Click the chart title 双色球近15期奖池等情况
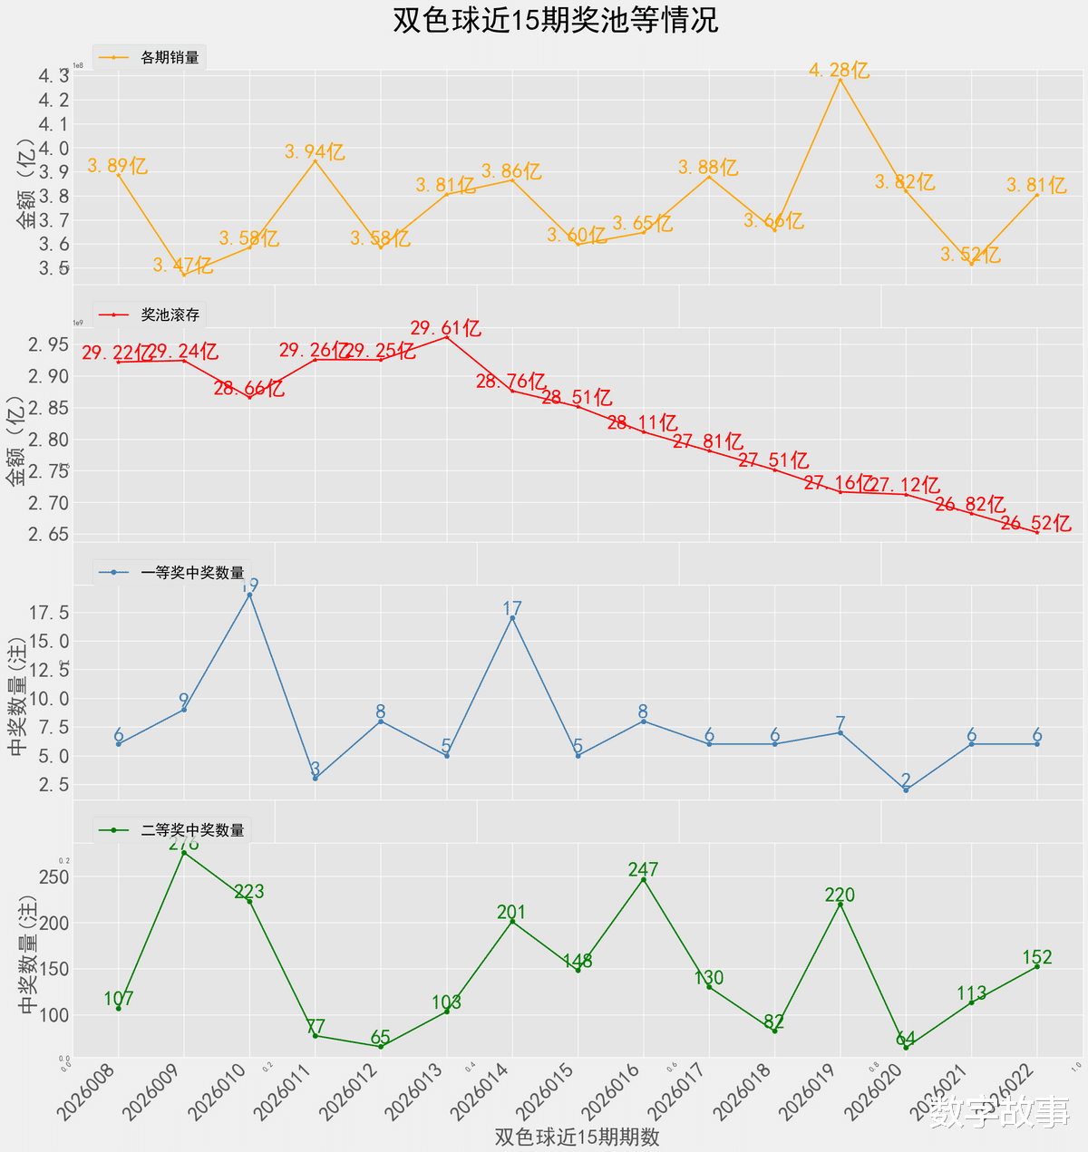555,20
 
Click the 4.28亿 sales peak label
839,70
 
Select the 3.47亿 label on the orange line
182,266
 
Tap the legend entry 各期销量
170,58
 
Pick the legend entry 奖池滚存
170,315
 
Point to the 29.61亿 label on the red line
445,328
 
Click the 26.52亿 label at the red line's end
1036,523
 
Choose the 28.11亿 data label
642,422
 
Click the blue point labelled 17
512,618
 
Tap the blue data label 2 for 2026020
906,779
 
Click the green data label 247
643,870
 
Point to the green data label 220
840,895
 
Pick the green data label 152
1036,957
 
